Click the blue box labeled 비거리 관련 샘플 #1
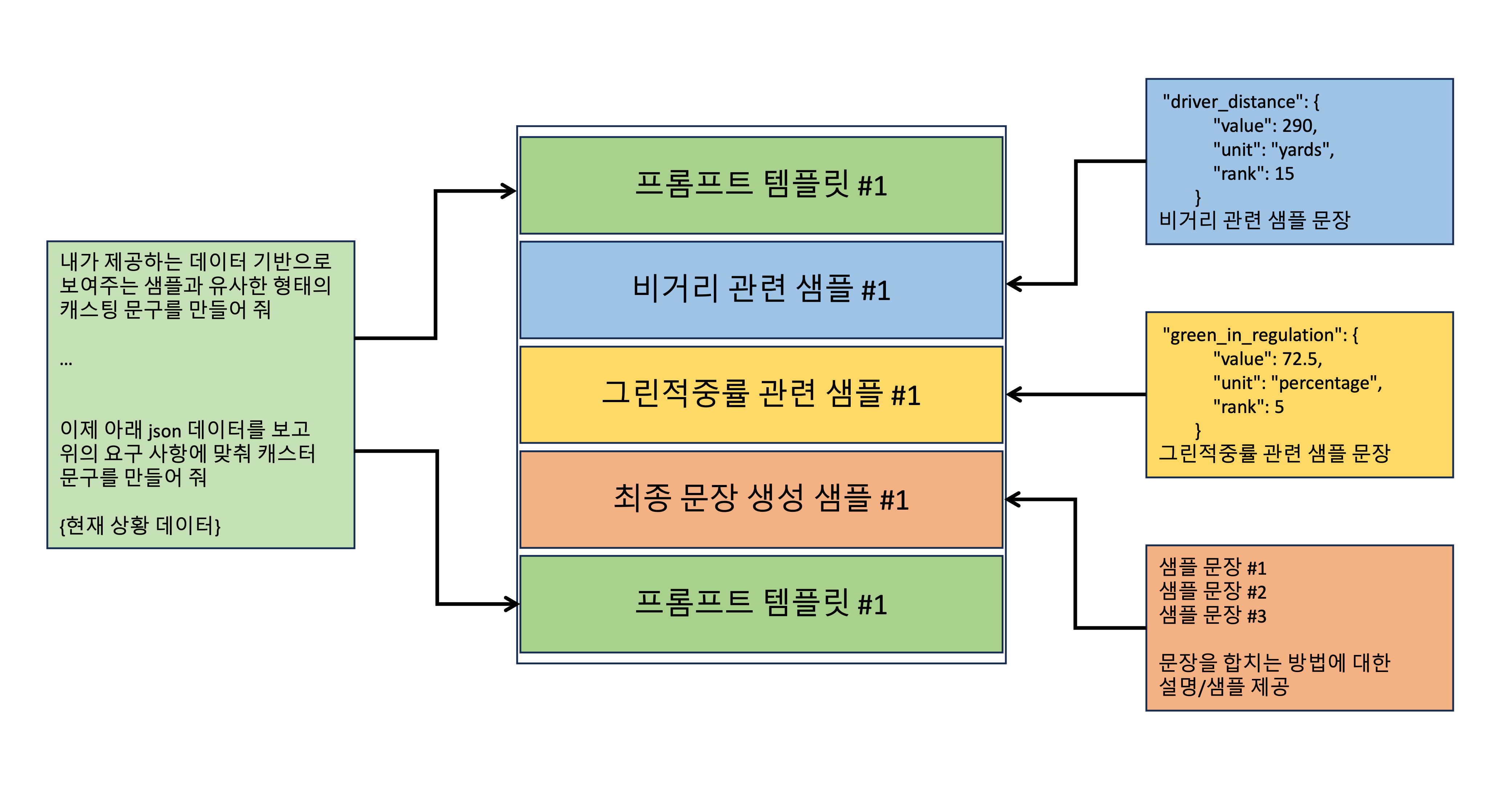(x=761, y=290)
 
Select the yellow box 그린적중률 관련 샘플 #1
(x=761, y=395)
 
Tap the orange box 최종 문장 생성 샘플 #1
(x=761, y=499)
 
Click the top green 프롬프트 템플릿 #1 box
(x=761, y=185)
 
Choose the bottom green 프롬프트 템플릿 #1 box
(x=761, y=604)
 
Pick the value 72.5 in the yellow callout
(x=1300, y=359)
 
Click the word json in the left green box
(x=164, y=431)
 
